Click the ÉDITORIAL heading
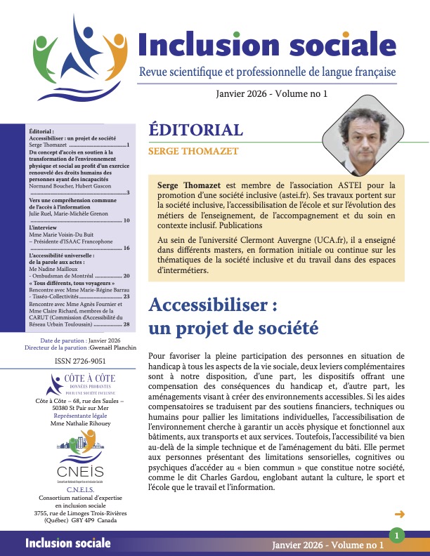196,130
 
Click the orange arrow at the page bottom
400,513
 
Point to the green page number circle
396,536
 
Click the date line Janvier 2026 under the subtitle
263,93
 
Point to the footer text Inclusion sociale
67,543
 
